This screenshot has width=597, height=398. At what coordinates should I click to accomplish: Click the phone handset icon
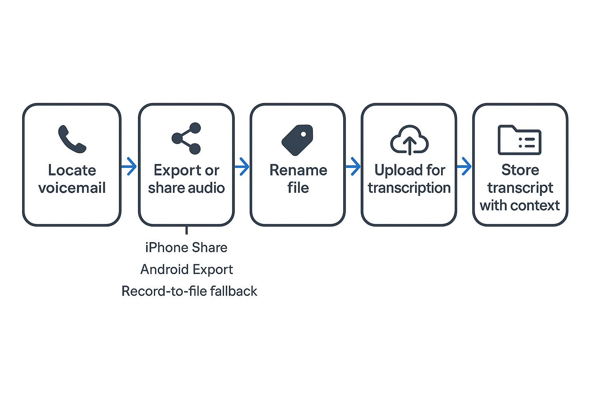click(x=72, y=139)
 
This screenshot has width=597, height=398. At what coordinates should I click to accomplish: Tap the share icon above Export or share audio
click(x=187, y=138)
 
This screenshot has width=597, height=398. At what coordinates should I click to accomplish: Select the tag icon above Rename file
click(x=297, y=140)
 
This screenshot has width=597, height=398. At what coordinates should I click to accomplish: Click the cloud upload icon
click(x=409, y=140)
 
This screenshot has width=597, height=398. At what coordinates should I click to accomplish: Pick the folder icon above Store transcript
click(x=520, y=140)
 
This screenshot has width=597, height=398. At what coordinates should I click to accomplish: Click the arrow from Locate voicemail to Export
click(x=129, y=166)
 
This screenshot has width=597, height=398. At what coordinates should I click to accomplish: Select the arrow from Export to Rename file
click(x=242, y=166)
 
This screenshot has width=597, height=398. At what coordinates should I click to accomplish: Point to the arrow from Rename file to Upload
click(x=353, y=166)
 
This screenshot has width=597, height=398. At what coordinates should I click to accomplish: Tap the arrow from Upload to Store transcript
click(x=464, y=166)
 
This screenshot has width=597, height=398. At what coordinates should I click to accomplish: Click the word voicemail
click(x=72, y=188)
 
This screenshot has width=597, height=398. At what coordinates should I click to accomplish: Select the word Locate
click(x=72, y=170)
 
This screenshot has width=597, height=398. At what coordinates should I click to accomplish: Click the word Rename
click(x=298, y=170)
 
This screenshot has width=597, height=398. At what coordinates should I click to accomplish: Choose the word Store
click(x=520, y=170)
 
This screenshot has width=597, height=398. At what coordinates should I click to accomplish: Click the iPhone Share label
click(x=186, y=248)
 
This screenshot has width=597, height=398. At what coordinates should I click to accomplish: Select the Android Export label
click(x=187, y=269)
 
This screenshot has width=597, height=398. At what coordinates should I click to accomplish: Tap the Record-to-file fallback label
click(x=189, y=291)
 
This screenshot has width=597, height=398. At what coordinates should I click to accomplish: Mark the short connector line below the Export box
click(x=187, y=230)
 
